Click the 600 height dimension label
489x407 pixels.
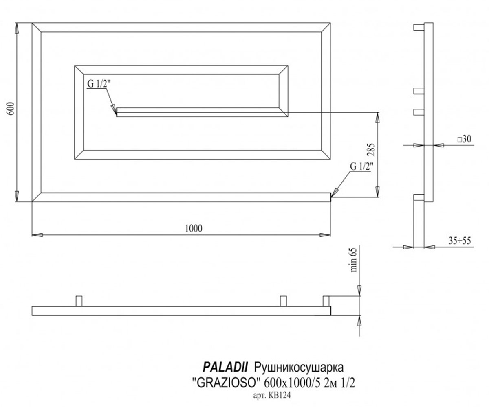(11, 109)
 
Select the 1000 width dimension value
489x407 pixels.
(194, 228)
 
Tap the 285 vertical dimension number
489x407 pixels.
(371, 150)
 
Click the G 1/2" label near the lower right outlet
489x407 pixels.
(360, 166)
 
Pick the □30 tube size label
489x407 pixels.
(464, 139)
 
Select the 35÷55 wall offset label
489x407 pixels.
(460, 241)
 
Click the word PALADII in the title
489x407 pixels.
(225, 367)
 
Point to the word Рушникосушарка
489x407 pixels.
(299, 368)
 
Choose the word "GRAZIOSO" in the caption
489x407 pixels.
(227, 383)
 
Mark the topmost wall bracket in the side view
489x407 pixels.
(419, 27)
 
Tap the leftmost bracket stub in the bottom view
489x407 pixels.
(79, 301)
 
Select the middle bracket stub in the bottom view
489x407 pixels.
(284, 301)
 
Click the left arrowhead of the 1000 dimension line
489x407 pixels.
(37, 235)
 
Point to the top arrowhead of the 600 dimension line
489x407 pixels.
(17, 28)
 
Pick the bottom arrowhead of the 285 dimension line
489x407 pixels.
(377, 192)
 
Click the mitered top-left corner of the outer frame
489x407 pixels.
(37, 27)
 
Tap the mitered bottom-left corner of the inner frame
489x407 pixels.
(79, 155)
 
